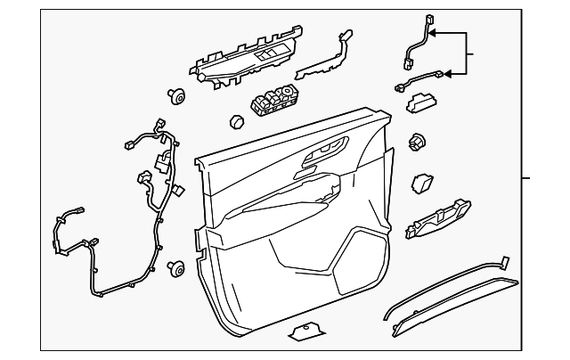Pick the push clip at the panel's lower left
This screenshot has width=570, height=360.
click(176, 267)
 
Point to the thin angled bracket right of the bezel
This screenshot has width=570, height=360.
click(324, 58)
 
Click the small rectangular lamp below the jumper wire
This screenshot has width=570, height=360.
click(420, 106)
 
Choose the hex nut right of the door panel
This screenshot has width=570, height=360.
click(417, 142)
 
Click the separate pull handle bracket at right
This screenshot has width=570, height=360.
click(442, 219)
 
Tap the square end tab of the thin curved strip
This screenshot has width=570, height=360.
click(504, 260)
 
